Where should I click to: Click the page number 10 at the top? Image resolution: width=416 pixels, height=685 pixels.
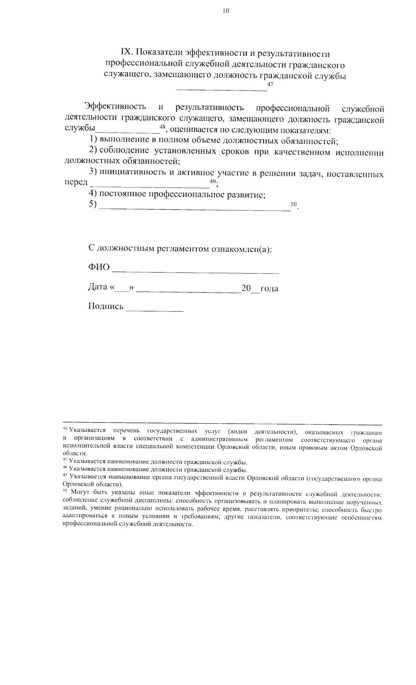pos(226,11)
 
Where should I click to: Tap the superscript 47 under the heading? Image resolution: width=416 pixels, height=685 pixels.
pos(270,85)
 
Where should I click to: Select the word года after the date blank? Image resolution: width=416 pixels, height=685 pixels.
pos(269,288)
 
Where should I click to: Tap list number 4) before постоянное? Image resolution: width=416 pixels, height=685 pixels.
pos(93,194)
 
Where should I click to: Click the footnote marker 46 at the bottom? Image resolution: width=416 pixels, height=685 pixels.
pos(65,429)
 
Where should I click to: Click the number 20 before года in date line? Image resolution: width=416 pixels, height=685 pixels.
pos(246,288)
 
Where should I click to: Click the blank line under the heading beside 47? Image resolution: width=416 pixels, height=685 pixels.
pos(222,90)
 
